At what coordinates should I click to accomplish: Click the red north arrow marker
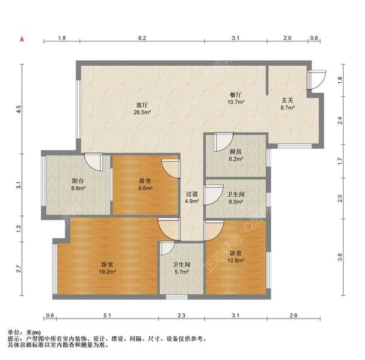click(x=22, y=39)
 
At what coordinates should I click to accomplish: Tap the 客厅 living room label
click(x=142, y=105)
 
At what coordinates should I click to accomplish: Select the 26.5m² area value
click(x=142, y=112)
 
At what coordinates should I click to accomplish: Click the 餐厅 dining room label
click(x=235, y=94)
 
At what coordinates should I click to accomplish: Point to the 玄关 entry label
click(x=288, y=101)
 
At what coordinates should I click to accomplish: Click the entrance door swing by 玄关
click(x=317, y=79)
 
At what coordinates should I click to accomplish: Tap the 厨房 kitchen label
click(x=235, y=152)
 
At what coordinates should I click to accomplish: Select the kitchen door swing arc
click(x=224, y=142)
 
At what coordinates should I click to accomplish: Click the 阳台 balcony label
click(x=78, y=181)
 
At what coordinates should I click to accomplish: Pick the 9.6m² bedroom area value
click(x=145, y=188)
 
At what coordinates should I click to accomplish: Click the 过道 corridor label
click(x=192, y=194)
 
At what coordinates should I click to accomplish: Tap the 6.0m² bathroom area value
click(x=235, y=202)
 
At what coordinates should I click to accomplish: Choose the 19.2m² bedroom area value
click(x=107, y=272)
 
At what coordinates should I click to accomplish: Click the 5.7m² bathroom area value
click(x=181, y=272)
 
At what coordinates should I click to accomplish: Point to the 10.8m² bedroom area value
click(x=235, y=260)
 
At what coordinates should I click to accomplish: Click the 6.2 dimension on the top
click(x=142, y=38)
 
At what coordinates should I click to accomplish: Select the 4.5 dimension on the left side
click(x=19, y=109)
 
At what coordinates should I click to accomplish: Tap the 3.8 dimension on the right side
click(x=339, y=257)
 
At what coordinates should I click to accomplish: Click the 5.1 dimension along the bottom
click(x=107, y=316)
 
